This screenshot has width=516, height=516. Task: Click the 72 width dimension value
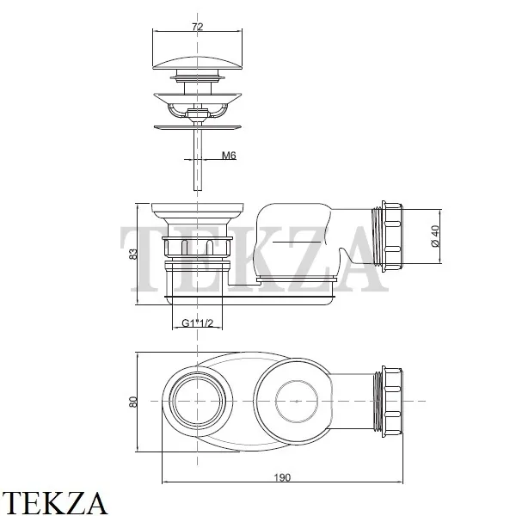198,27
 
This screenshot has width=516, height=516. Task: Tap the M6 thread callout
229,155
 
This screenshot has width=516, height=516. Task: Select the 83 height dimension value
132,254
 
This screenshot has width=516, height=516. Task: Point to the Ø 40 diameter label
434,236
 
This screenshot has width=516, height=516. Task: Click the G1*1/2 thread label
198,323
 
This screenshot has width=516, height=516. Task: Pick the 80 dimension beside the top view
132,402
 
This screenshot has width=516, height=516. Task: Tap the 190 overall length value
282,477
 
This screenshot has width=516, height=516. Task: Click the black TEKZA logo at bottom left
53,503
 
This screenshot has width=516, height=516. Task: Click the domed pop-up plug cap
198,63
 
